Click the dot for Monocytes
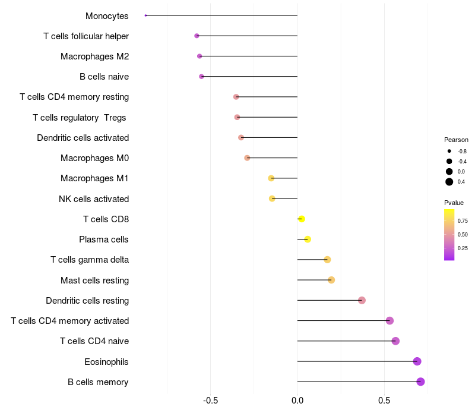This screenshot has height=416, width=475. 145,15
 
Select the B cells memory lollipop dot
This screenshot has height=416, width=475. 420,382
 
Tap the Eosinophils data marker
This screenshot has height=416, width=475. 417,361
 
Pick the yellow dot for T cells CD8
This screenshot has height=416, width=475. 302,219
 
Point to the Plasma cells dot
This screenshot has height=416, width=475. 307,239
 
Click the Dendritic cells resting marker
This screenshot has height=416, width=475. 362,300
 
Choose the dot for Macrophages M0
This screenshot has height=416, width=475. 247,158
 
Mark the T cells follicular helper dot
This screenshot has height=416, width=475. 197,36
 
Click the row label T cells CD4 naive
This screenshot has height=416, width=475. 94,341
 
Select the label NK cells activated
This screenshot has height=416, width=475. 94,199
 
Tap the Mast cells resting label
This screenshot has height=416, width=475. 94,280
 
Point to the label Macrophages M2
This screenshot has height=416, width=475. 94,56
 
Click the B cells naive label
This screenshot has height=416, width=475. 104,77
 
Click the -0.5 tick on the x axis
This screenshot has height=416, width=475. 210,401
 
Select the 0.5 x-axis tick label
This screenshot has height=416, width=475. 384,401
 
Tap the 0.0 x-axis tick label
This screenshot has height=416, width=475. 297,401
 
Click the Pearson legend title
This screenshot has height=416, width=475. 456,140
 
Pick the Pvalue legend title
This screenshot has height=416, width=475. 454,203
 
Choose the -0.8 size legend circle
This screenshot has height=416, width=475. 449,151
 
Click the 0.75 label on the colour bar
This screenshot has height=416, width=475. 463,220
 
